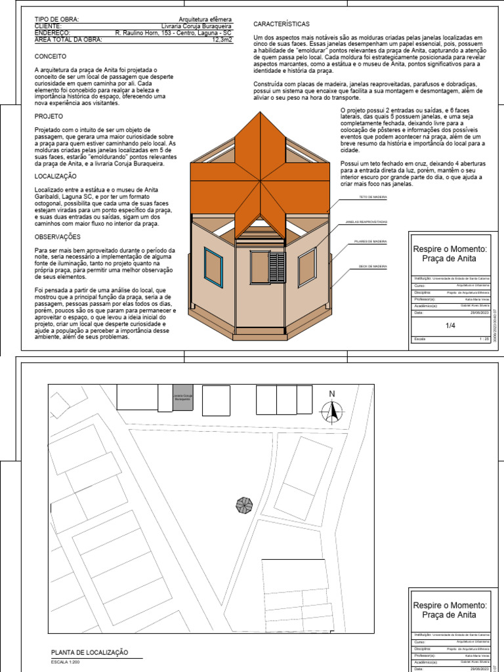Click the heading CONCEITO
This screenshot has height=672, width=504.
point(50,57)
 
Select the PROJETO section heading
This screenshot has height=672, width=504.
point(49,115)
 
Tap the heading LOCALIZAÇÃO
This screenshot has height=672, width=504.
point(55,177)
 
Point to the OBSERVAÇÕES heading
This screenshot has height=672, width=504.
point(58,236)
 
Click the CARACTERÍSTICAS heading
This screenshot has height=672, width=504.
point(281,24)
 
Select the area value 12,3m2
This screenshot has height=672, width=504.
point(222,39)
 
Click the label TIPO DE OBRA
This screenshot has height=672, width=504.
point(56,20)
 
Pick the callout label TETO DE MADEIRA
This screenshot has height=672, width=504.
point(373,197)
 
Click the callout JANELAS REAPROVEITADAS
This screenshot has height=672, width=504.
point(366,222)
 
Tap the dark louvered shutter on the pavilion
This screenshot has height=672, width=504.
point(277,267)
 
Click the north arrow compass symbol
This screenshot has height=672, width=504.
point(332,410)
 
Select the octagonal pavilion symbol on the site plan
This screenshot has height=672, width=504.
point(244,505)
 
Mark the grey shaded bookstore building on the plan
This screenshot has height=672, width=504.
point(183,398)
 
